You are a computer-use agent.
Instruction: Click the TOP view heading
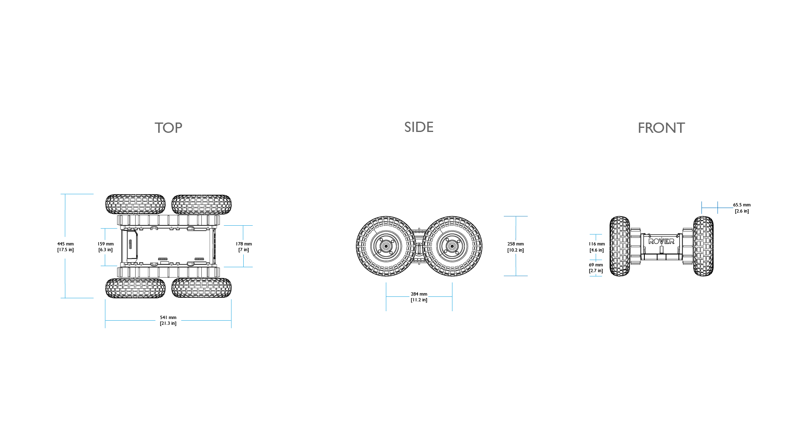tap(168, 128)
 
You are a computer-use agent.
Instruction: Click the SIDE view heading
tap(419, 127)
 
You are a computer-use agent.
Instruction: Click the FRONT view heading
tap(661, 128)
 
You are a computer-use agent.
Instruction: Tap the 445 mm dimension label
tap(65, 247)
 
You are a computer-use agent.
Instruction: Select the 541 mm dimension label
tap(168, 320)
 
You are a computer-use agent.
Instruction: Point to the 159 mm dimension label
tap(106, 247)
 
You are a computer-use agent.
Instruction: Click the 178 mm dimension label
tap(244, 247)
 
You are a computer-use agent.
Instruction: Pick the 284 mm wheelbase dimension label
tap(419, 297)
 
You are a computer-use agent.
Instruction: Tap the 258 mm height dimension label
tap(515, 247)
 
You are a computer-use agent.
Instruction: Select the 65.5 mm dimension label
tap(742, 208)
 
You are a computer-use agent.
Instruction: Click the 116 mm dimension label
tap(597, 247)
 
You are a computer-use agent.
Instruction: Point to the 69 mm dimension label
tap(596, 268)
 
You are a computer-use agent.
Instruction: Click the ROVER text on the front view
tap(661, 241)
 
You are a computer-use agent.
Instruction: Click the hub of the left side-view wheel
tap(386, 246)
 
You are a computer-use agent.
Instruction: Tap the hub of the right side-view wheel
tap(452, 246)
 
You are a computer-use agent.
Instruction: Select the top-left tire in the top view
tap(135, 204)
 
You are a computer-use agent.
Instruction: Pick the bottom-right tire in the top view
tap(201, 288)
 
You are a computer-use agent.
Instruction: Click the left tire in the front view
tap(620, 246)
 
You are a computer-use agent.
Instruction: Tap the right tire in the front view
tap(703, 246)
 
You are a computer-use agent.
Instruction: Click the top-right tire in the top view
tap(201, 204)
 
